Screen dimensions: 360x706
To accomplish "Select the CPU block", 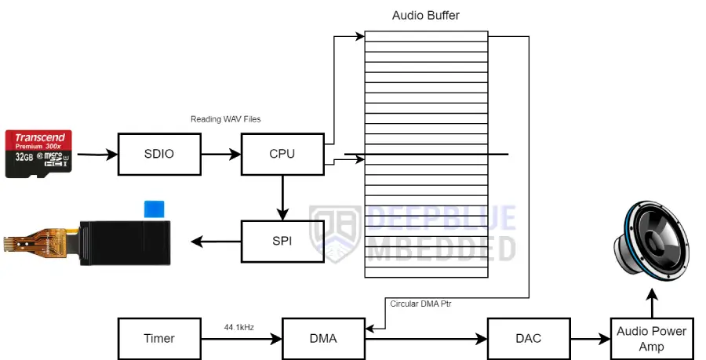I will click(x=282, y=154).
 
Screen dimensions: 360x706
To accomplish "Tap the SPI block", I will click(x=282, y=241).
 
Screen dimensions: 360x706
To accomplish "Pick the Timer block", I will click(x=159, y=338).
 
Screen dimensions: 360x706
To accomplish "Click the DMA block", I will click(x=323, y=338).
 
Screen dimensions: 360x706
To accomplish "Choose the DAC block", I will click(x=528, y=338).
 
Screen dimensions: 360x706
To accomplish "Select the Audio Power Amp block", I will click(x=651, y=339).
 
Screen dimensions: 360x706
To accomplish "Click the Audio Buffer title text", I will click(x=426, y=16).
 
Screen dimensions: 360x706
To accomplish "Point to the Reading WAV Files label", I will click(x=226, y=119).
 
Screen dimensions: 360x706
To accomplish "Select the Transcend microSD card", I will click(x=39, y=154).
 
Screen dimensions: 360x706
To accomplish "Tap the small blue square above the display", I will click(x=155, y=209).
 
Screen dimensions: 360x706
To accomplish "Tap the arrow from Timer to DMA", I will click(x=242, y=339).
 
